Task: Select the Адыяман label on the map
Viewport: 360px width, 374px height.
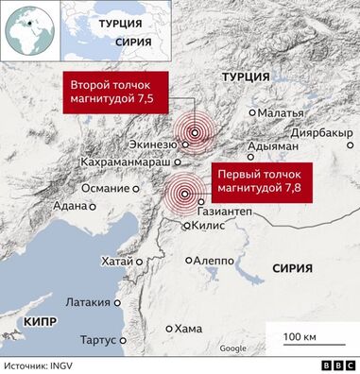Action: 271,147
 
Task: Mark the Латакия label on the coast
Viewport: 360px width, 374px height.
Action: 90,303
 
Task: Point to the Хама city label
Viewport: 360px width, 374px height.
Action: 189,329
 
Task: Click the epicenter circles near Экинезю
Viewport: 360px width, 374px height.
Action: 196,133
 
